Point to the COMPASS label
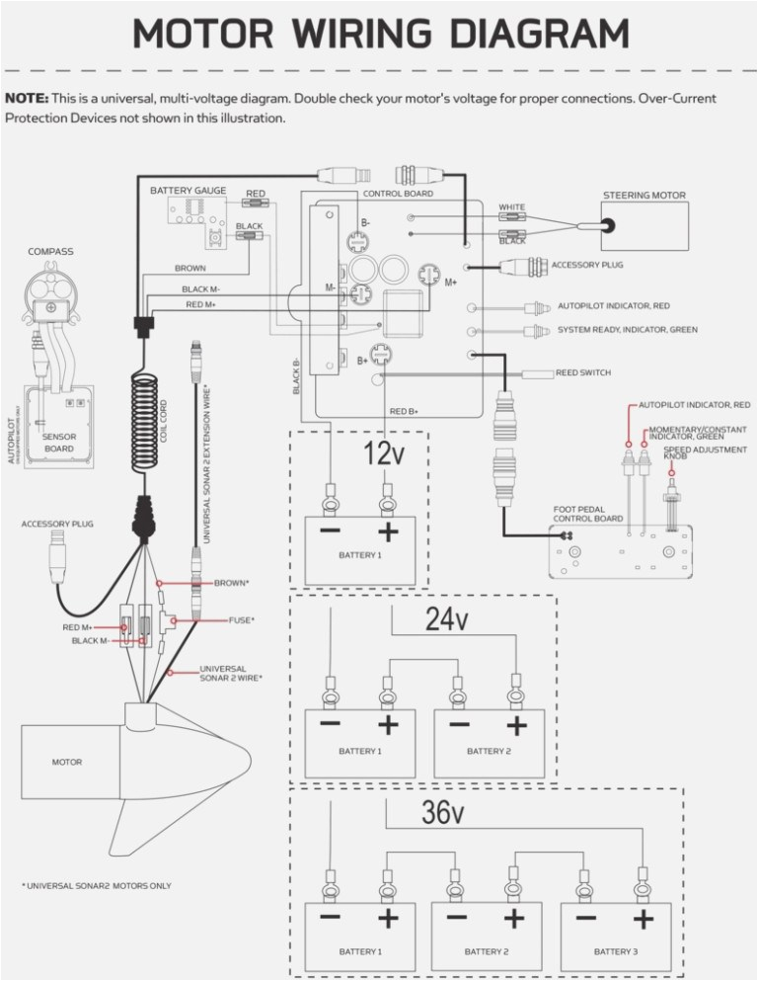(x=50, y=252)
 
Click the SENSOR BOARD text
(x=59, y=442)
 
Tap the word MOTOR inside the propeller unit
(x=67, y=762)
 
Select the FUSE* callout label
(x=241, y=619)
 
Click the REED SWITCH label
(x=582, y=372)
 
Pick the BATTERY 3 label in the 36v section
(x=614, y=950)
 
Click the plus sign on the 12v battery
(x=389, y=531)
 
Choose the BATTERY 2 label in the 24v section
(x=489, y=751)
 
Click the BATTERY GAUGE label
(x=188, y=190)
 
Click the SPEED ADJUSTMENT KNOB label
(x=691, y=452)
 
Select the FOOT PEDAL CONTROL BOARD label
(x=587, y=514)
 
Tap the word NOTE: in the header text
(x=27, y=99)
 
